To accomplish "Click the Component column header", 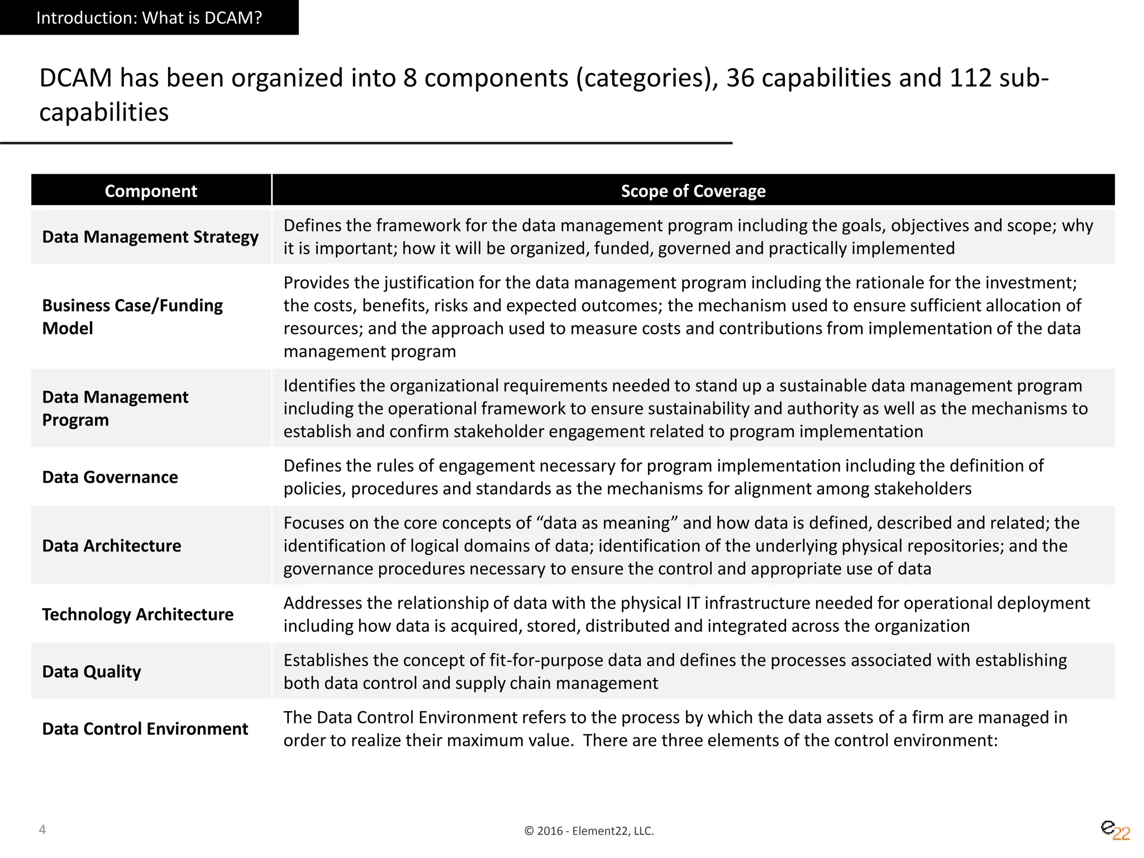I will pos(151,191).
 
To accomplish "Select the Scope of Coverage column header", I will pos(693,191).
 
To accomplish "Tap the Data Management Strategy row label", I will pos(150,237).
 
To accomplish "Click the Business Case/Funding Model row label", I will pos(132,317).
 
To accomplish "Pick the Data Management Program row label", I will pos(115,408).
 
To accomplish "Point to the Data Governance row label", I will pos(110,477).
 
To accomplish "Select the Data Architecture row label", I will pos(112,546).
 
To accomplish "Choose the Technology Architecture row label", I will pos(138,614).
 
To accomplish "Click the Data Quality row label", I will pos(92,671).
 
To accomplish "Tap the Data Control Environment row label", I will pos(145,729).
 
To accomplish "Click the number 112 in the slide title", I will pos(970,78).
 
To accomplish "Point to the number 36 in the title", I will pos(740,78).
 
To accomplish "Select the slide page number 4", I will pos(42,830).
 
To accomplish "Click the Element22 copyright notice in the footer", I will pos(589,831).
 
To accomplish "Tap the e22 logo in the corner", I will pos(1115,830).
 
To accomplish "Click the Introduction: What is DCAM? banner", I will pos(149,18).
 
